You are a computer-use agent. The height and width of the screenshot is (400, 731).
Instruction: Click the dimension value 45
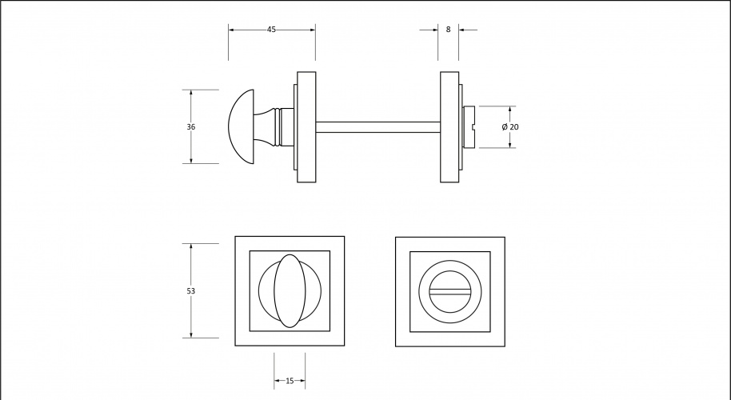click(x=271, y=30)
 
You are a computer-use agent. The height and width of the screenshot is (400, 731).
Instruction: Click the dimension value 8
click(x=449, y=30)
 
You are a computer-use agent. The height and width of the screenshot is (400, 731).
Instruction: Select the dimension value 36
click(x=190, y=126)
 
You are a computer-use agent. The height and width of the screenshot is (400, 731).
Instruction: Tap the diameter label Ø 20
click(x=510, y=127)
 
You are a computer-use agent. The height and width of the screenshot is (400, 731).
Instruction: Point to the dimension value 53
click(x=190, y=291)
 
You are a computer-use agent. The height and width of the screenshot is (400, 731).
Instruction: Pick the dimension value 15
click(x=290, y=381)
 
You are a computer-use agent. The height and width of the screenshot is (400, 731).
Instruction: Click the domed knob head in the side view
click(x=242, y=127)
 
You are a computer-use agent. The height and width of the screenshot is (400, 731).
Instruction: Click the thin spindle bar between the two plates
click(x=378, y=127)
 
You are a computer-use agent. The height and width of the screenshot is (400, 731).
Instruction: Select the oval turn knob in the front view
click(x=290, y=291)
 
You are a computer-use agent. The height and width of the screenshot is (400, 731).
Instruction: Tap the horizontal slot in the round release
click(x=450, y=291)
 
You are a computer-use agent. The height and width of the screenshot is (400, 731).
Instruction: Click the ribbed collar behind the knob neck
click(x=278, y=127)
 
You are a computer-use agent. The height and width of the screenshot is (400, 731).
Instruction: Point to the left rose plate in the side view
click(x=306, y=127)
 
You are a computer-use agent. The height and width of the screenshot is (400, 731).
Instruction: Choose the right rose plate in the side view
click(x=449, y=127)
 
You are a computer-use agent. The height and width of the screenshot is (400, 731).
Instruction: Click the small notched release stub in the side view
click(x=469, y=127)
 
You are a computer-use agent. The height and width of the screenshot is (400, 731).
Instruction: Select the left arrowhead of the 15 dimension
click(x=278, y=381)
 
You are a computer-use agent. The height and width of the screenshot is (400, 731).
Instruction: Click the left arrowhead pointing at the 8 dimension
click(x=434, y=30)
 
